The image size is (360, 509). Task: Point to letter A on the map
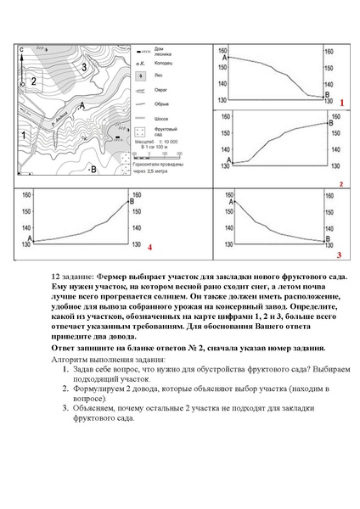82,104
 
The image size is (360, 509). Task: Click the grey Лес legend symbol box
141,76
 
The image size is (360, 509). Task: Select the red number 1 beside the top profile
340,102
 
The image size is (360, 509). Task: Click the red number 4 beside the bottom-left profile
149,248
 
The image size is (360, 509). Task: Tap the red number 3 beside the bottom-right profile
339,254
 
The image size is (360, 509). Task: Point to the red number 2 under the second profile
340,183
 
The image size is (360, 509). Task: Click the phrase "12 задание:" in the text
73,277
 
